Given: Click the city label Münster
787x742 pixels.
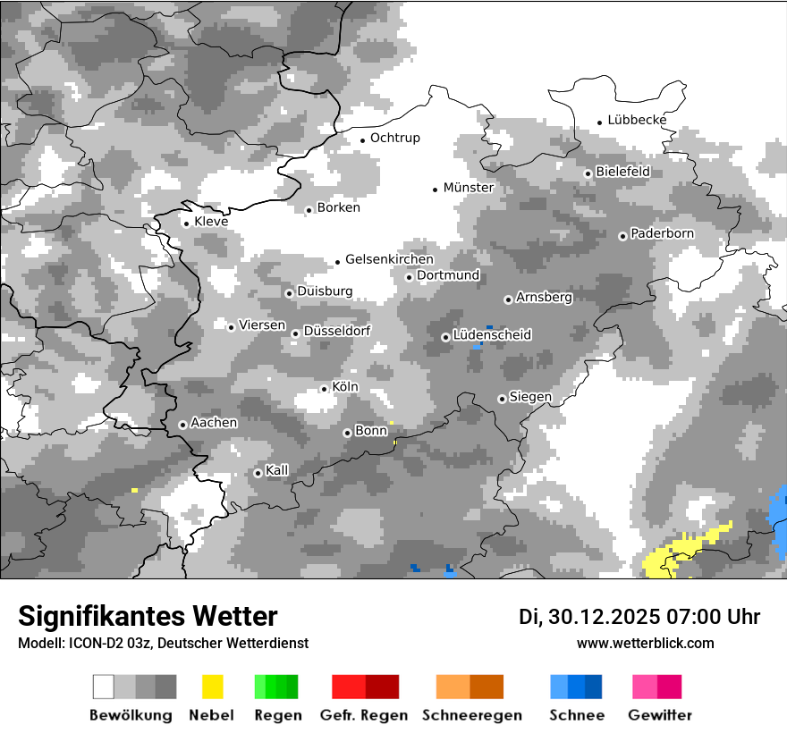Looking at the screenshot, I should coord(468,188).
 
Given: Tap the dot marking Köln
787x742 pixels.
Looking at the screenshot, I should coord(324,389).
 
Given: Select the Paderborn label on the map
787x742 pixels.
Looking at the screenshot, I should coord(662,233).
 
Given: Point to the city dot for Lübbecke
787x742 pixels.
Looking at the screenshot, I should coord(600,122).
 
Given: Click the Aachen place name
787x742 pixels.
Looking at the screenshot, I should coord(214,423).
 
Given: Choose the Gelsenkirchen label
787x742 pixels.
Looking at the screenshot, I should coord(389,259).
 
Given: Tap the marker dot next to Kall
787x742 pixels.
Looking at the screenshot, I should coord(258,473).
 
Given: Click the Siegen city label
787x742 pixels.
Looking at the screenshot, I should coord(530,397).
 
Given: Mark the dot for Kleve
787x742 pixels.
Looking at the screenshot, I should coord(186,223).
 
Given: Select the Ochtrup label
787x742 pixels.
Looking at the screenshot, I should coord(394,138).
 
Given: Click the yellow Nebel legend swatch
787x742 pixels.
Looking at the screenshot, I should coord(212,687).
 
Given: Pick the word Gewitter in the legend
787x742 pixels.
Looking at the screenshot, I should coord(660,715).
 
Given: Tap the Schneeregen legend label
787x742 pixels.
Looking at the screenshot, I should coord(470,715).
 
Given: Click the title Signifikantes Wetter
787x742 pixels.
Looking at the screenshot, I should coord(148,616).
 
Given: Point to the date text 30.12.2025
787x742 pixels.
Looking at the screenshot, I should coord(607,617).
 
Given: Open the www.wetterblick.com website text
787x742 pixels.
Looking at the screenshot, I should coord(646,643).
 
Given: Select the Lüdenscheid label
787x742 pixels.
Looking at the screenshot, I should coord(492,335).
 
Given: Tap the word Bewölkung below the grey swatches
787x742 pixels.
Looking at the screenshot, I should coord(131,715).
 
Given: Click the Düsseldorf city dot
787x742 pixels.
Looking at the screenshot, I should coord(295,333).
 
